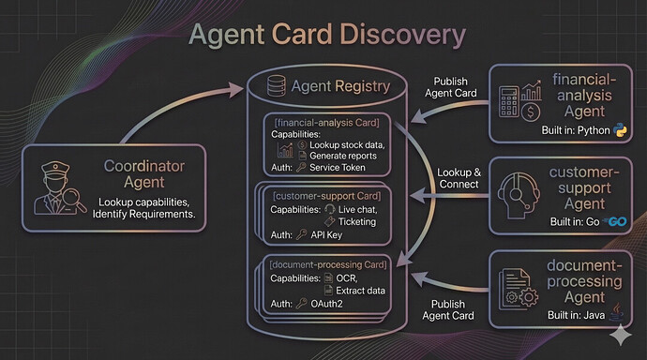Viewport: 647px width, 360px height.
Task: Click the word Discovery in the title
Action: click(402, 35)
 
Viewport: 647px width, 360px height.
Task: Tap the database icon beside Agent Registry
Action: click(276, 85)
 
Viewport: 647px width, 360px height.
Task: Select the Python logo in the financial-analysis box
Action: click(620, 130)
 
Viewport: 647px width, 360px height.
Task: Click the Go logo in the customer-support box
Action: click(615, 221)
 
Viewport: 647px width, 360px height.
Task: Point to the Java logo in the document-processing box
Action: click(617, 312)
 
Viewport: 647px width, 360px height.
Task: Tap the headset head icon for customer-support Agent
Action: click(518, 195)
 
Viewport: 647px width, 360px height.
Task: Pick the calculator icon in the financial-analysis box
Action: click(508, 101)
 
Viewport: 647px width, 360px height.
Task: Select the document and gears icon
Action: click(518, 289)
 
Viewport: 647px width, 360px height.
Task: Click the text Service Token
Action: click(338, 168)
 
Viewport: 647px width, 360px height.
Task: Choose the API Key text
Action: click(326, 235)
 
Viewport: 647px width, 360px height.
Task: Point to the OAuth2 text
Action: click(326, 304)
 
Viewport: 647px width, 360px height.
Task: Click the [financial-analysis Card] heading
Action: click(327, 123)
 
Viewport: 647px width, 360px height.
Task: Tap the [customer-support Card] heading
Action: click(327, 196)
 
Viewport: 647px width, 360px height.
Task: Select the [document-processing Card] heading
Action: click(328, 264)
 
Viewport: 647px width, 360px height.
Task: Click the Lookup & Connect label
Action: click(459, 178)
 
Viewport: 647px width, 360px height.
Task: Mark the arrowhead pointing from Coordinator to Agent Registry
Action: click(237, 89)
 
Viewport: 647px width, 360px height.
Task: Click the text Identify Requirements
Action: click(143, 214)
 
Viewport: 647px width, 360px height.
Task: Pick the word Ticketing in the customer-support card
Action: click(357, 222)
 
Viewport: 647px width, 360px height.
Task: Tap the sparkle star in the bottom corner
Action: click(621, 335)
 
